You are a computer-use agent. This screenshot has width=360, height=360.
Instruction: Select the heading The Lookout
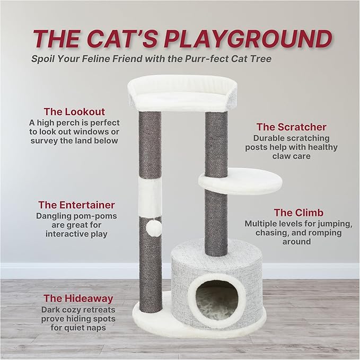74,111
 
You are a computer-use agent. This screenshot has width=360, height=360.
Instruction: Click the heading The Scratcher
291,127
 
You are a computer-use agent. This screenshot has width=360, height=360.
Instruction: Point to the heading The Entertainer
76,205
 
